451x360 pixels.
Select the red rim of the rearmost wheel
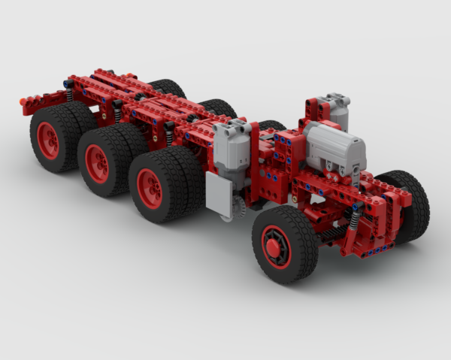click(48, 141)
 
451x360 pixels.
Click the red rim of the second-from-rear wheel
click(97, 163)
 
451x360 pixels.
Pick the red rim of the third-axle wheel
click(150, 188)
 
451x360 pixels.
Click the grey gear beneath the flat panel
click(239, 210)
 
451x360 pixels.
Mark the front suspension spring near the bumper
click(354, 221)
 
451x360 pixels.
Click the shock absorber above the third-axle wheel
click(169, 133)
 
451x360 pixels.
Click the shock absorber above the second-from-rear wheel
click(117, 111)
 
